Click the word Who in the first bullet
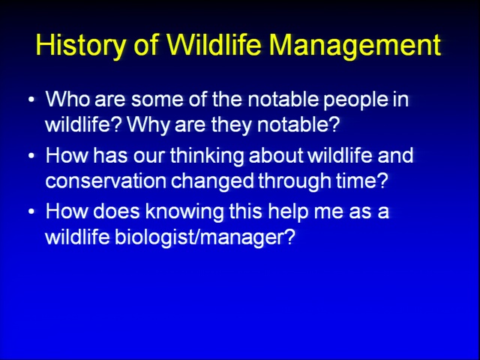pyautogui.click(x=67, y=99)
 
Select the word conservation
pyautogui.click(x=106, y=181)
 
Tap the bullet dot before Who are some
pyautogui.click(x=31, y=100)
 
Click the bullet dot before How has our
pyautogui.click(x=31, y=156)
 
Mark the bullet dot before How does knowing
pyautogui.click(x=31, y=211)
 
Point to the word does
pyautogui.click(x=116, y=211)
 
